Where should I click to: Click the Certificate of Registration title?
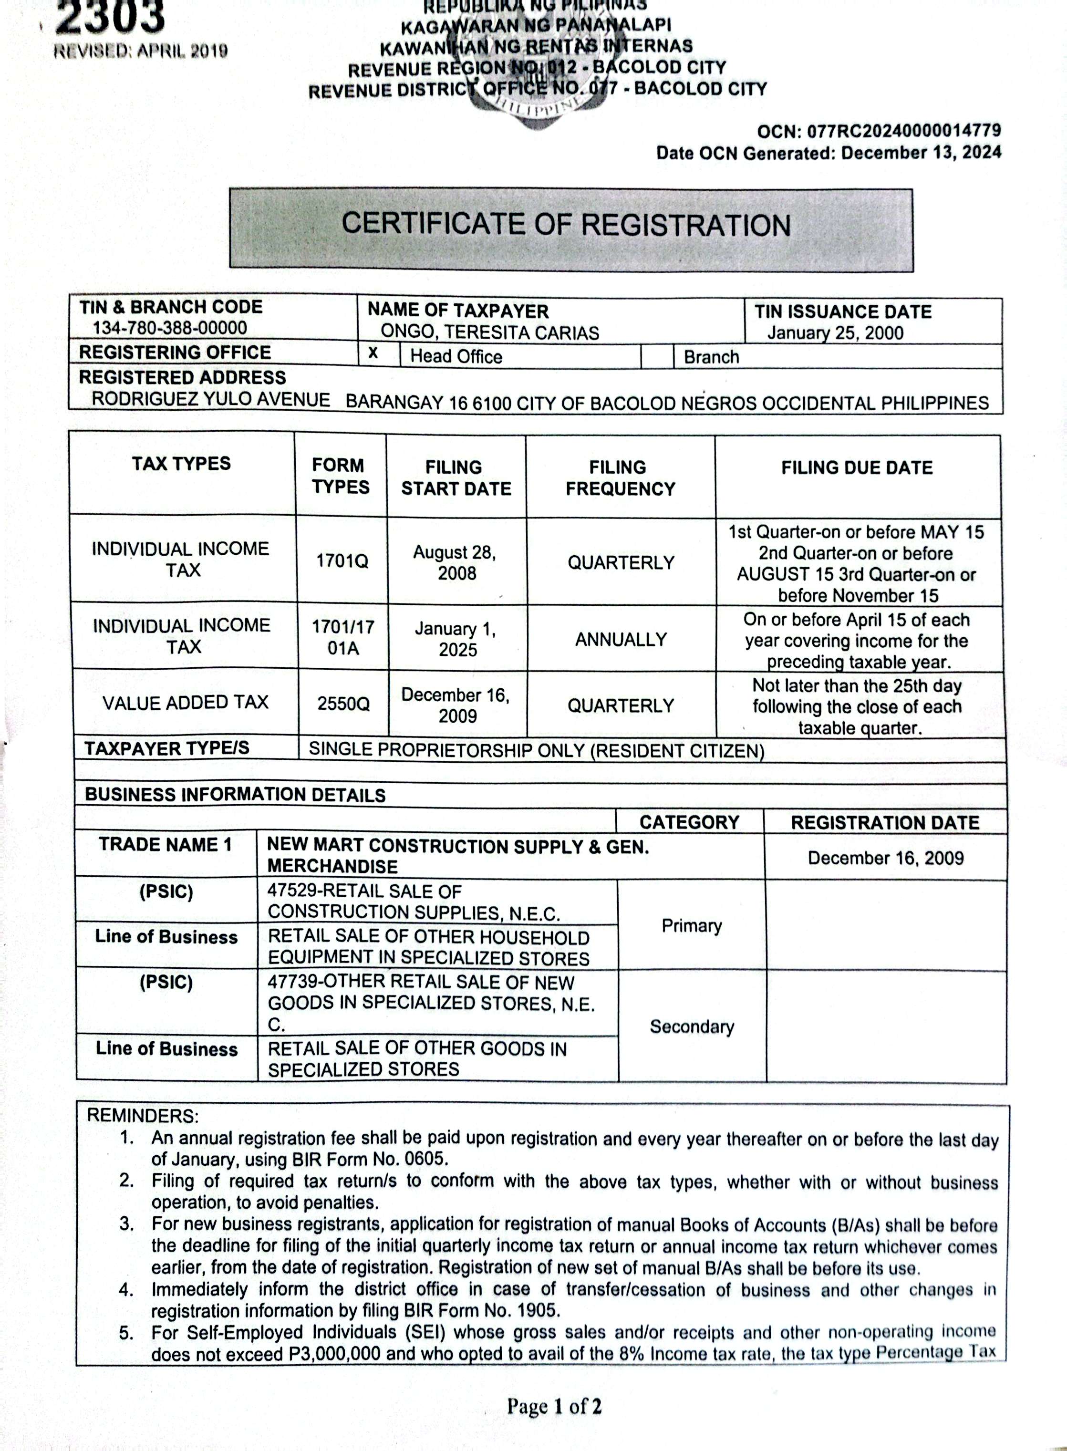[x=566, y=225]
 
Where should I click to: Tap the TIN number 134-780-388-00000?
[x=169, y=328]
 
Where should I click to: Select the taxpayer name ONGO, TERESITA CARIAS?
[x=489, y=332]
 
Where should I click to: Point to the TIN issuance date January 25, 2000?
[x=835, y=333]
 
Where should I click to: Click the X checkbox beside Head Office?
[x=373, y=354]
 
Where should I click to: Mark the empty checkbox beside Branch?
[x=657, y=356]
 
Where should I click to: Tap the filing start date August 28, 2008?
[x=456, y=562]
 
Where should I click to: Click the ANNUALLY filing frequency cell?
[x=621, y=639]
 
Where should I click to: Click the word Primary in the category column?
[x=691, y=925]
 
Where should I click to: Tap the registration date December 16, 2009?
[x=885, y=858]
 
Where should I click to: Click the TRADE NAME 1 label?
[x=166, y=845]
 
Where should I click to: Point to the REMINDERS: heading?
[x=143, y=1115]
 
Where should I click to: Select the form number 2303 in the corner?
[x=110, y=18]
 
